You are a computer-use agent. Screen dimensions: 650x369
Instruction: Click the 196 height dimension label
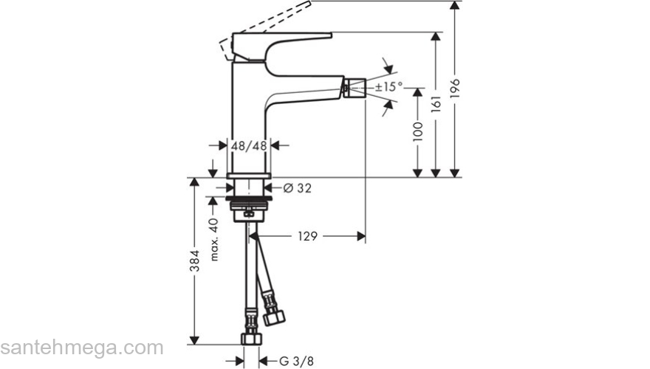pyautogui.click(x=455, y=89)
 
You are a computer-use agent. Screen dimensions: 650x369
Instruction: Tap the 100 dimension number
pyautogui.click(x=418, y=131)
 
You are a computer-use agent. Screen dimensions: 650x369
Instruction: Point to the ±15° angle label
pyautogui.click(x=389, y=87)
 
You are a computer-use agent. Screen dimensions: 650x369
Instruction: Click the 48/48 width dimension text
pyautogui.click(x=249, y=146)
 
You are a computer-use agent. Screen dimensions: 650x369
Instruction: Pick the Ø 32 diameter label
pyautogui.click(x=297, y=188)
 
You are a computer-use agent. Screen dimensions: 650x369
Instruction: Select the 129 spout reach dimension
pyautogui.click(x=307, y=236)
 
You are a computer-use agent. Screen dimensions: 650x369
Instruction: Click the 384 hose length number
pyautogui.click(x=195, y=261)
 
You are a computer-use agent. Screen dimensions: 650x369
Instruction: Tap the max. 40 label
pyautogui.click(x=213, y=240)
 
